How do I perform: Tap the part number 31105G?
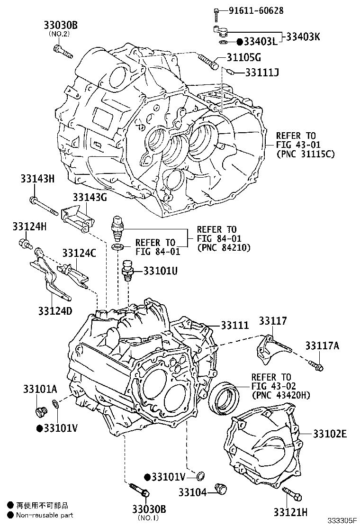point(244,58)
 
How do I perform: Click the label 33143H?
point(37,179)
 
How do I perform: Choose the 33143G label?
point(90,197)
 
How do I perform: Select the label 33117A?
point(322,346)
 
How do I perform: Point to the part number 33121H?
point(290,512)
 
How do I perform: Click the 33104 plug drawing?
point(220,489)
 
